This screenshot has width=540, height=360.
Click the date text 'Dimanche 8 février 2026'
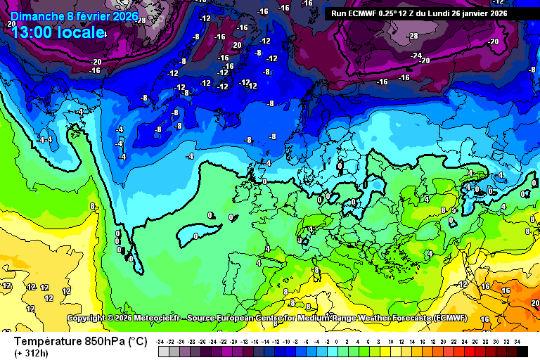coord(75,16)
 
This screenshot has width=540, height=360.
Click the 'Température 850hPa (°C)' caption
coord(80,341)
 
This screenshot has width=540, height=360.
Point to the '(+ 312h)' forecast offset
coord(32,353)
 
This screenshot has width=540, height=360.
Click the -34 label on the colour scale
coord(161,341)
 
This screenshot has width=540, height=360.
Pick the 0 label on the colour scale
coord(337,341)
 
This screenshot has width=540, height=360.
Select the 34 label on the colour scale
coord(516,341)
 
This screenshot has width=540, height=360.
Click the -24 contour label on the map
coord(416,56)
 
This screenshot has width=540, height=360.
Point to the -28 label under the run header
coord(413,35)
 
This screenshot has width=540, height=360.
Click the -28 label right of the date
coord(141,20)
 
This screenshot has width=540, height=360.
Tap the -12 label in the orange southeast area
coord(463,284)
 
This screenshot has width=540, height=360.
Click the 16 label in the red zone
coord(506,290)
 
